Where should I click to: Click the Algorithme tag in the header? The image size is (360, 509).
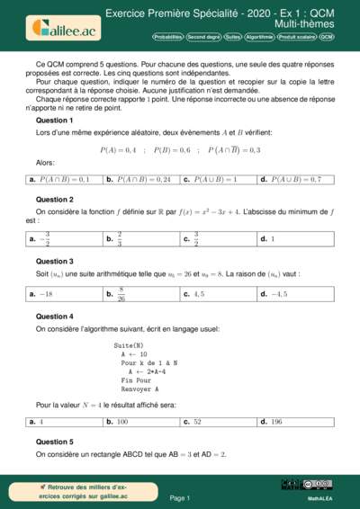[259, 38]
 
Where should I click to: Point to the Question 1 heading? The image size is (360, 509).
[54, 120]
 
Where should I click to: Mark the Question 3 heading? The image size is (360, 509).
[54, 261]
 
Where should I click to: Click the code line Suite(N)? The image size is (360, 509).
[129, 345]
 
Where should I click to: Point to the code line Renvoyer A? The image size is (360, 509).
[140, 389]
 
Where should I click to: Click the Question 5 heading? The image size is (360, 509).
[54, 442]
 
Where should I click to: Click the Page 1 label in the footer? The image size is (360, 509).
[180, 497]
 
